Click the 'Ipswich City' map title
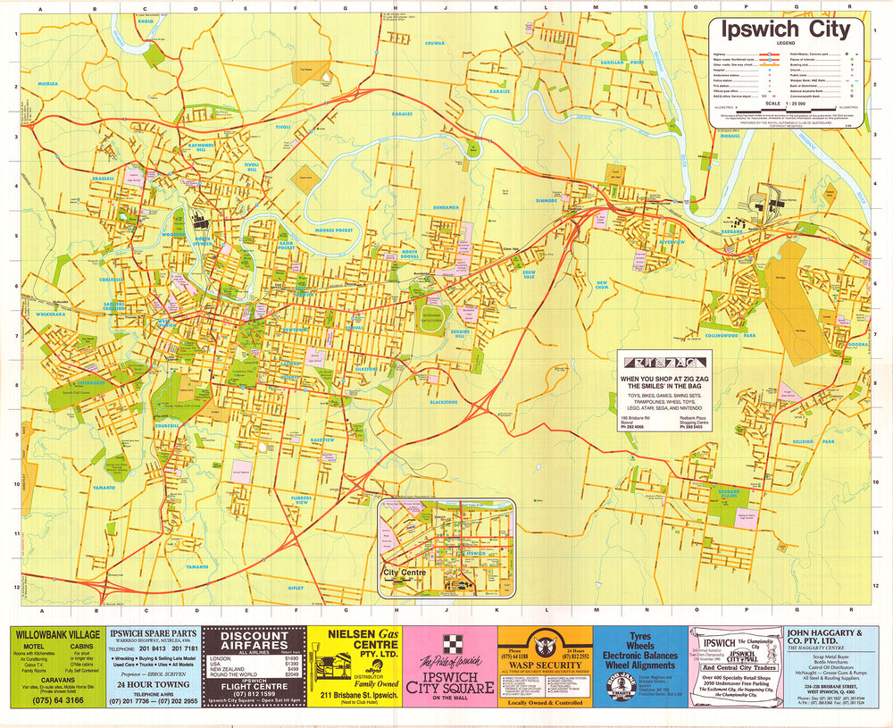pos(787,30)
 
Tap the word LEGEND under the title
pos(786,44)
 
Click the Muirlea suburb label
pos(46,83)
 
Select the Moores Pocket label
pos(333,230)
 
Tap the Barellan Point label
pos(622,63)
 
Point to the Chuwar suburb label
pos(435,42)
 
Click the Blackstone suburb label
pos(444,402)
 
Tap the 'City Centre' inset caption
pos(402,572)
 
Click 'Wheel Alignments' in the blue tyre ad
pos(640,665)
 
